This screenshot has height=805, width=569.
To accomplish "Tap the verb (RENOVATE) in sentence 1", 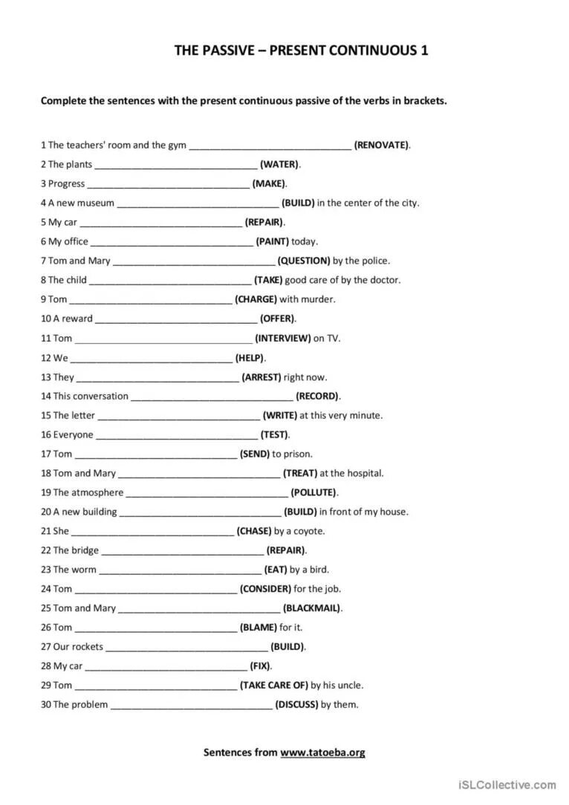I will click(381, 145).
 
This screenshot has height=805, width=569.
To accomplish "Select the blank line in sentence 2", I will click(176, 165).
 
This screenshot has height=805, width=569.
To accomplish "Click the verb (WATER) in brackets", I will click(279, 164).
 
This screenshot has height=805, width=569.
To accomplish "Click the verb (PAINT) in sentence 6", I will click(272, 241).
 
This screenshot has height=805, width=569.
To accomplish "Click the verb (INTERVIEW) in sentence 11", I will click(282, 338).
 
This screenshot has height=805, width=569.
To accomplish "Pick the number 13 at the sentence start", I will click(46, 377).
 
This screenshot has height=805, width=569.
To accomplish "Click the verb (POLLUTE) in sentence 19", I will click(313, 492).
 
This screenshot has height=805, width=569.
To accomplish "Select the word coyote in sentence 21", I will click(309, 531).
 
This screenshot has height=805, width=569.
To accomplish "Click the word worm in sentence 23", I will click(84, 570).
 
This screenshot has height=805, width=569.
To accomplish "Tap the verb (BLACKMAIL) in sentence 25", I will click(312, 608).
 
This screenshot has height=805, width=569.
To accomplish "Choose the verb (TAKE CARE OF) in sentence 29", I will click(273, 685).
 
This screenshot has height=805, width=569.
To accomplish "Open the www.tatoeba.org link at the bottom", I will click(322, 752).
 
